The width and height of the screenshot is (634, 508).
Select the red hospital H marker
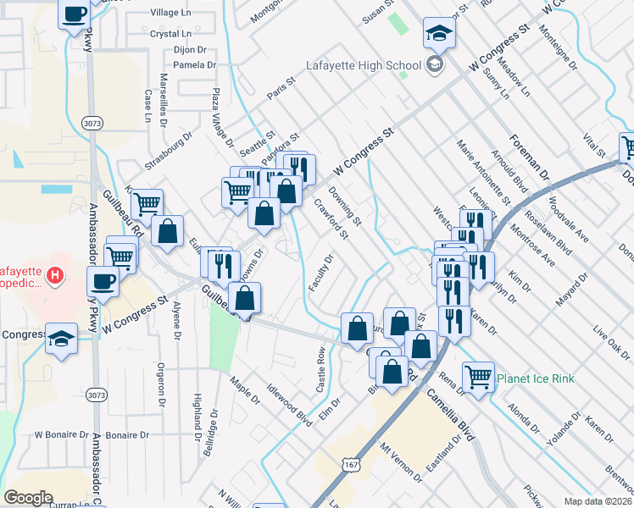tap(56, 276)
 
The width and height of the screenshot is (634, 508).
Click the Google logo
tap(28, 498)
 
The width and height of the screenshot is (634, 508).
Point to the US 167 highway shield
tap(349, 465)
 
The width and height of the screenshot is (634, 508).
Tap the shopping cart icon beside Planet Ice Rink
tap(479, 376)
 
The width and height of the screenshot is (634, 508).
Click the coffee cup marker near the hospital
tap(103, 281)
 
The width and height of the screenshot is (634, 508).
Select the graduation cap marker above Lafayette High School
tap(439, 35)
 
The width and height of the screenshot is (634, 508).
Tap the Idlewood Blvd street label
tap(290, 406)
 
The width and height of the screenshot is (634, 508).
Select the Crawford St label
tap(331, 218)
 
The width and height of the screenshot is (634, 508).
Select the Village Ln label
tap(170, 13)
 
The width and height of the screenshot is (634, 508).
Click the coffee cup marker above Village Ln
tap(74, 14)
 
